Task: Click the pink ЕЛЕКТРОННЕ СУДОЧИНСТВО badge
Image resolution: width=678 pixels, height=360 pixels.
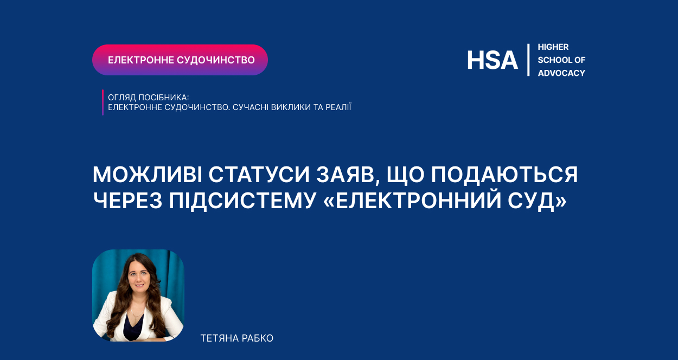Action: coord(180,60)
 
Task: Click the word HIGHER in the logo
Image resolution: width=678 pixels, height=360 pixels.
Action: coord(553,47)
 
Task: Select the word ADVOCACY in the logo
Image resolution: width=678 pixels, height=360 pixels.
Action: coord(561,73)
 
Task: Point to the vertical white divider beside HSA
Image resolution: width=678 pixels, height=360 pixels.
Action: coord(528,60)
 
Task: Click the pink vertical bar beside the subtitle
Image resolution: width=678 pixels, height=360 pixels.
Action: coord(103,102)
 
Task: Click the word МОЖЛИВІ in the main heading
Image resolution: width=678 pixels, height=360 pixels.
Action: coord(148,175)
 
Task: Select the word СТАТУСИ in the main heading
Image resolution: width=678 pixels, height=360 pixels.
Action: coord(259,175)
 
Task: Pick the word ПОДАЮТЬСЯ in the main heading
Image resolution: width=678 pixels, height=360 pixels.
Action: coord(504,175)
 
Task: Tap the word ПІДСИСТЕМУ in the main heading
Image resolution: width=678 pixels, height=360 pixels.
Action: coord(242,201)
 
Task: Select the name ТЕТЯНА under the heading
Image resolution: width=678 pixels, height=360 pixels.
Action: coord(219,338)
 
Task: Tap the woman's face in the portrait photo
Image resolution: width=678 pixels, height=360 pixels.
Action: coord(139,277)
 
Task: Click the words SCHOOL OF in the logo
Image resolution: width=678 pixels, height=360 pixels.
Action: coord(561,60)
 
